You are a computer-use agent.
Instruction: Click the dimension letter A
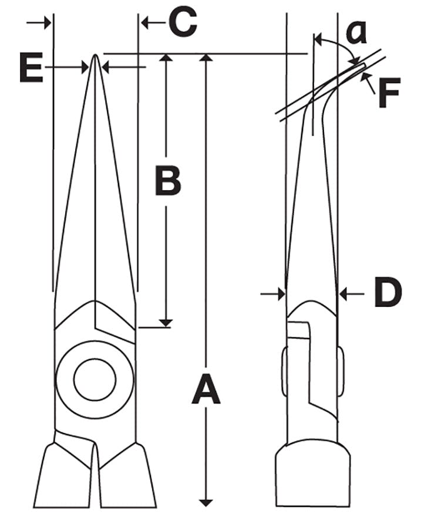(206, 392)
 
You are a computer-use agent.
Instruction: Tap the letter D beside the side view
(388, 293)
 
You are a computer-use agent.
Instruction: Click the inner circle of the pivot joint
(95, 379)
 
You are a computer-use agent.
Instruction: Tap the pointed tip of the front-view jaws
(95, 57)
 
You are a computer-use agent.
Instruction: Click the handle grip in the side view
(313, 475)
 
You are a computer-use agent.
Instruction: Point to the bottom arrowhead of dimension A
(206, 502)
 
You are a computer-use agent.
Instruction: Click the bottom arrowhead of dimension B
(167, 322)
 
